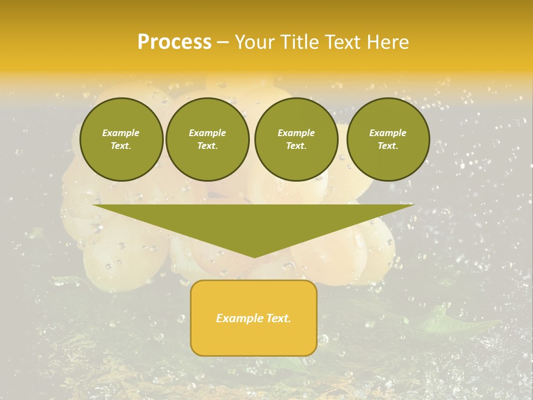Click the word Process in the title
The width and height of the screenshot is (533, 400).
pyautogui.click(x=174, y=42)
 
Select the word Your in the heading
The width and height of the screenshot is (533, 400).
pyautogui.click(x=255, y=42)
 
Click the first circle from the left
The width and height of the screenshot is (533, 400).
pyautogui.click(x=122, y=139)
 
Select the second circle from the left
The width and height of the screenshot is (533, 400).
pyautogui.click(x=208, y=139)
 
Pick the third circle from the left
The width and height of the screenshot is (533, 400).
pyautogui.click(x=296, y=139)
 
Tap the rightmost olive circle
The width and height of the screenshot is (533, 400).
pyautogui.click(x=388, y=139)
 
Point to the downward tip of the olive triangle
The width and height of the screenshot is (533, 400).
pyautogui.click(x=254, y=256)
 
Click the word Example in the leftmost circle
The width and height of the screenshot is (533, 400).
pyautogui.click(x=121, y=133)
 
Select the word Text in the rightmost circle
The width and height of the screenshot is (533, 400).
pyautogui.click(x=388, y=146)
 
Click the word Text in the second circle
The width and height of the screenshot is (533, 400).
pyautogui.click(x=207, y=146)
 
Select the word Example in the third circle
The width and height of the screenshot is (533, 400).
pyautogui.click(x=296, y=133)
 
